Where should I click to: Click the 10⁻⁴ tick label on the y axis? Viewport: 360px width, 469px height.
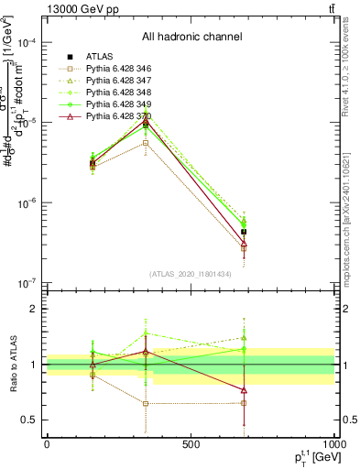coord(27,44)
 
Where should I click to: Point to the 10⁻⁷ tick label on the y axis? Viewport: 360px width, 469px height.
coord(27,283)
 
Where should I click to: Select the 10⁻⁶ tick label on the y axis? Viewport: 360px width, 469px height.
coord(27,203)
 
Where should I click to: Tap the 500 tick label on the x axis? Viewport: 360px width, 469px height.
coord(191,444)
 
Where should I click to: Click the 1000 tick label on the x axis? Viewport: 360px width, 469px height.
coord(333,444)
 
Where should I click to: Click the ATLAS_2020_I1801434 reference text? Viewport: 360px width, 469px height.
coord(191,275)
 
